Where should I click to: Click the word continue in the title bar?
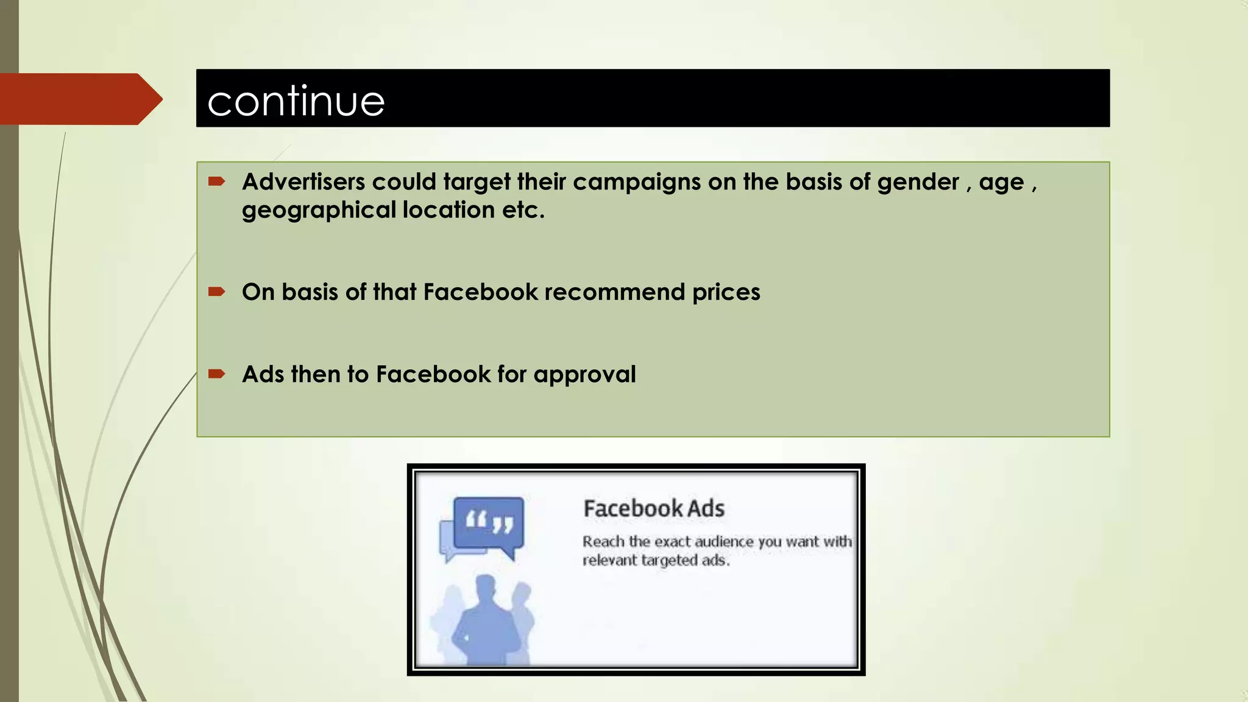296,101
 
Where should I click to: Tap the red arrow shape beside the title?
79,99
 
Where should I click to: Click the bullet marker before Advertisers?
216,181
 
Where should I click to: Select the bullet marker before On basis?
216,291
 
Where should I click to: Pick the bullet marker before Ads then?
216,374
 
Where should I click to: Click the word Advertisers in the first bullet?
303,182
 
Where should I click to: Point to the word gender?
918,183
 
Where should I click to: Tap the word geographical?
319,211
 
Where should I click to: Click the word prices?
726,293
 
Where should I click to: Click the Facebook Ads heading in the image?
653,508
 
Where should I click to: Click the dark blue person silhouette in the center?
486,622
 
